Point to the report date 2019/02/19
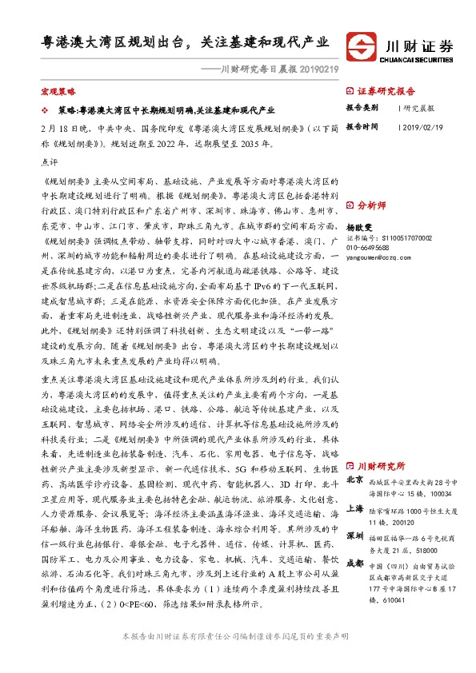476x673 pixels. (x=421, y=126)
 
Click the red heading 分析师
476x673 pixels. (x=371, y=205)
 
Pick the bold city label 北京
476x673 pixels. (x=356, y=480)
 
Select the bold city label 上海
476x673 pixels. (x=356, y=508)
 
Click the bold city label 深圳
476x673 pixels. (x=356, y=535)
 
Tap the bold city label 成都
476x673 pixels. (x=356, y=562)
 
